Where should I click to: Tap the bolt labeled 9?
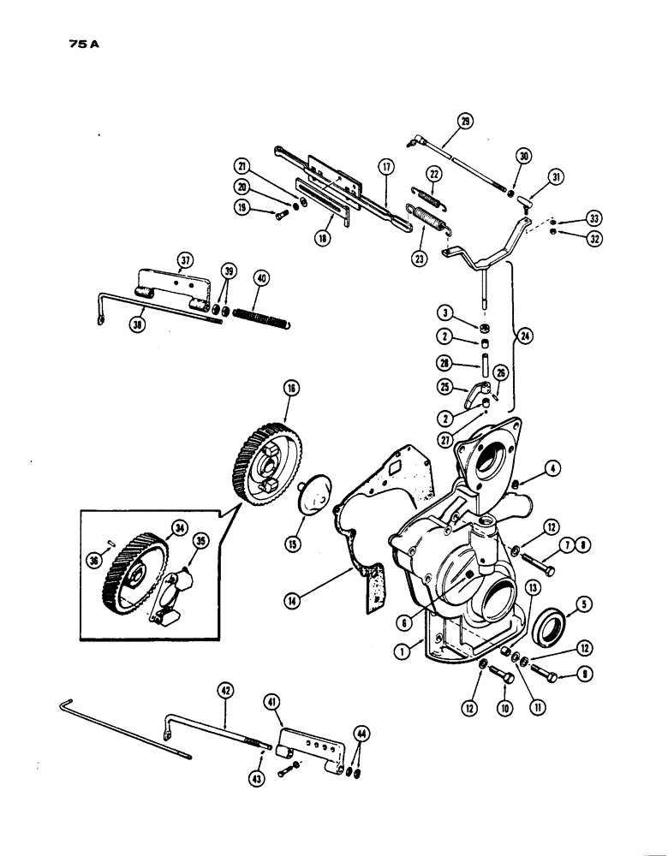541,677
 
